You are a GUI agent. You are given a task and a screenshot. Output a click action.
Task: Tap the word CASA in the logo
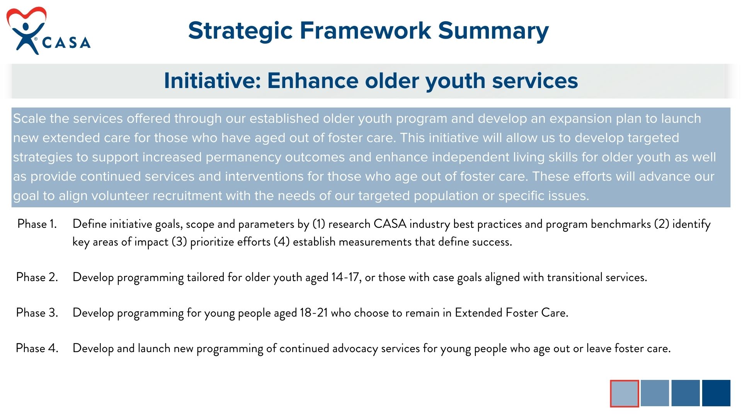click(x=66, y=42)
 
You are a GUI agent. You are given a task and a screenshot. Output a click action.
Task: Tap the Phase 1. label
click(x=37, y=224)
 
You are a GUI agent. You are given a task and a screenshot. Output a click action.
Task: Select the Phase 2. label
click(x=37, y=277)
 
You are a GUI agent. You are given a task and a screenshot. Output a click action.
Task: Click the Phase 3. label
click(x=37, y=313)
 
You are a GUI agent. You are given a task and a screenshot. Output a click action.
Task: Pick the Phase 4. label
click(x=37, y=348)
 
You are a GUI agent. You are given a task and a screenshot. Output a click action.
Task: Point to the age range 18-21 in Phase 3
click(x=314, y=313)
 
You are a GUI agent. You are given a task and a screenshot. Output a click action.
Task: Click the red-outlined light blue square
click(x=625, y=393)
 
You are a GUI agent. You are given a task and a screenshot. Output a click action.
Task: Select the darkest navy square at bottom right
click(x=716, y=393)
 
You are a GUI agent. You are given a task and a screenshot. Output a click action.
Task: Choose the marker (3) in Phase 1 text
click(x=179, y=242)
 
